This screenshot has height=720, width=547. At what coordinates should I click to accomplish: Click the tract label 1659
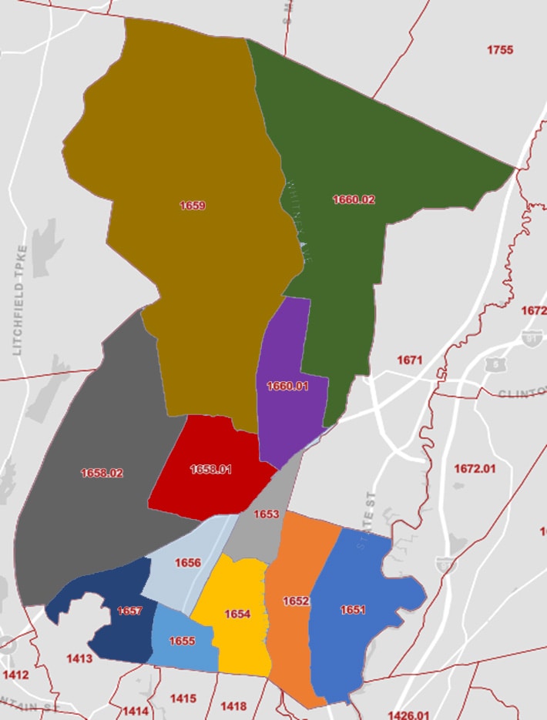pos(192,206)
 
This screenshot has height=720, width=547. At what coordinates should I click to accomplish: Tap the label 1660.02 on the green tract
pos(354,199)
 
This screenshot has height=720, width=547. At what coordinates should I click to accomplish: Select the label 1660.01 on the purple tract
pos(287,386)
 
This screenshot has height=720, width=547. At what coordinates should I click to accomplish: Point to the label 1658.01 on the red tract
pos(210,469)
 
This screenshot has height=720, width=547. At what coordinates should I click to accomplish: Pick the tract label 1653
pos(267,514)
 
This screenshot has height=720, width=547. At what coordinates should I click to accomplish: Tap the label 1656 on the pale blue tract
pos(188,563)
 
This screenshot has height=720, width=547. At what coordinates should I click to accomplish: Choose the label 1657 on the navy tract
pos(129,611)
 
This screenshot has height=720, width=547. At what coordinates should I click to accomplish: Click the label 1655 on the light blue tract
pos(182,641)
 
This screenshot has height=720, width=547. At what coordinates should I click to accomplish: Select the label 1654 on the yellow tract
pos(237,614)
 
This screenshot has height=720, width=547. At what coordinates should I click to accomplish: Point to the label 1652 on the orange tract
pos(296,601)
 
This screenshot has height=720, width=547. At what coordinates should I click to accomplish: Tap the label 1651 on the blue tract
pos(353,610)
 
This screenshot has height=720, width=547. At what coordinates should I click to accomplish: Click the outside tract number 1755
pos(500,50)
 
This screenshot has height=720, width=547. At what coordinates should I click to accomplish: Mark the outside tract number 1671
pos(410,360)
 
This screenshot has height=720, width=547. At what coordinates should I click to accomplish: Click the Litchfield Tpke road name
pos(20,300)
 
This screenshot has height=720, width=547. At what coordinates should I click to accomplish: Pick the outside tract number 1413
pos(79,658)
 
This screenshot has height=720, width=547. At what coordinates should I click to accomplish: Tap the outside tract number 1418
pos(233,706)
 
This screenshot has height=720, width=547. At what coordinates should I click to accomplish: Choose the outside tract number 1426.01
pos(408,715)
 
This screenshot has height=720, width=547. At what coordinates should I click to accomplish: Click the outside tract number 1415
pos(183,698)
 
